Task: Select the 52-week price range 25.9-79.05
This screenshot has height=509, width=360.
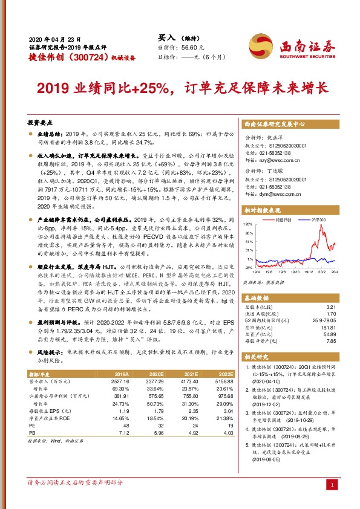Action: [324, 320]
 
